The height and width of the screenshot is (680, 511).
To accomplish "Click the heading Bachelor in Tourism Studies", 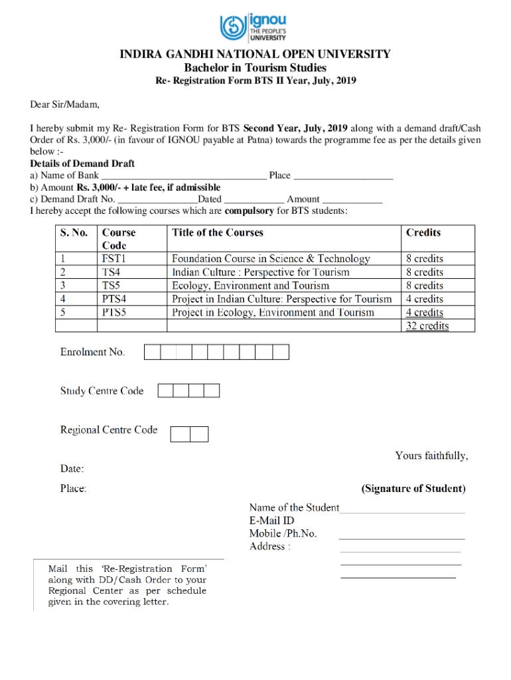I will (x=255, y=68).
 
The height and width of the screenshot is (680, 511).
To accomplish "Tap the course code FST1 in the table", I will (x=113, y=258).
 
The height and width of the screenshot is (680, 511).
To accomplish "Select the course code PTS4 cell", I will (x=114, y=299).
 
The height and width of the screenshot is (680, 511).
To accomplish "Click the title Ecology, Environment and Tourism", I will (x=250, y=286).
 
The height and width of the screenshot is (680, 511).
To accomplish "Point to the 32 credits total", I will (x=427, y=325).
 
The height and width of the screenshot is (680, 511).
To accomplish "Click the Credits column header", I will (x=423, y=232).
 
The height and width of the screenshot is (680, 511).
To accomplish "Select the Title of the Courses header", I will (x=218, y=232).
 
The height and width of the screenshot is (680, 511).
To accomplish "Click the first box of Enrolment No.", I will (x=152, y=352).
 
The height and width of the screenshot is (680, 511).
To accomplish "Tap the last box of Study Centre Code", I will (x=212, y=390).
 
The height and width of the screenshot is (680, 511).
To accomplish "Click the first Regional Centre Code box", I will (x=180, y=434).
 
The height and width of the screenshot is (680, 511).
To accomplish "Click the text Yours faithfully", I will (x=431, y=456).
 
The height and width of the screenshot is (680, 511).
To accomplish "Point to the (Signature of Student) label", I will (x=413, y=489).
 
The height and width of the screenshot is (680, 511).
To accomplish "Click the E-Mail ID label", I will (x=271, y=521).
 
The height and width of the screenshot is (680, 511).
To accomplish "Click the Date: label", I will (x=72, y=469).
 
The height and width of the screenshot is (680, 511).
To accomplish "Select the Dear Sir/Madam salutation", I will (x=64, y=104).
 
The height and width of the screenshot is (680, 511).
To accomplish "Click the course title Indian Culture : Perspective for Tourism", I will (x=260, y=272).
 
